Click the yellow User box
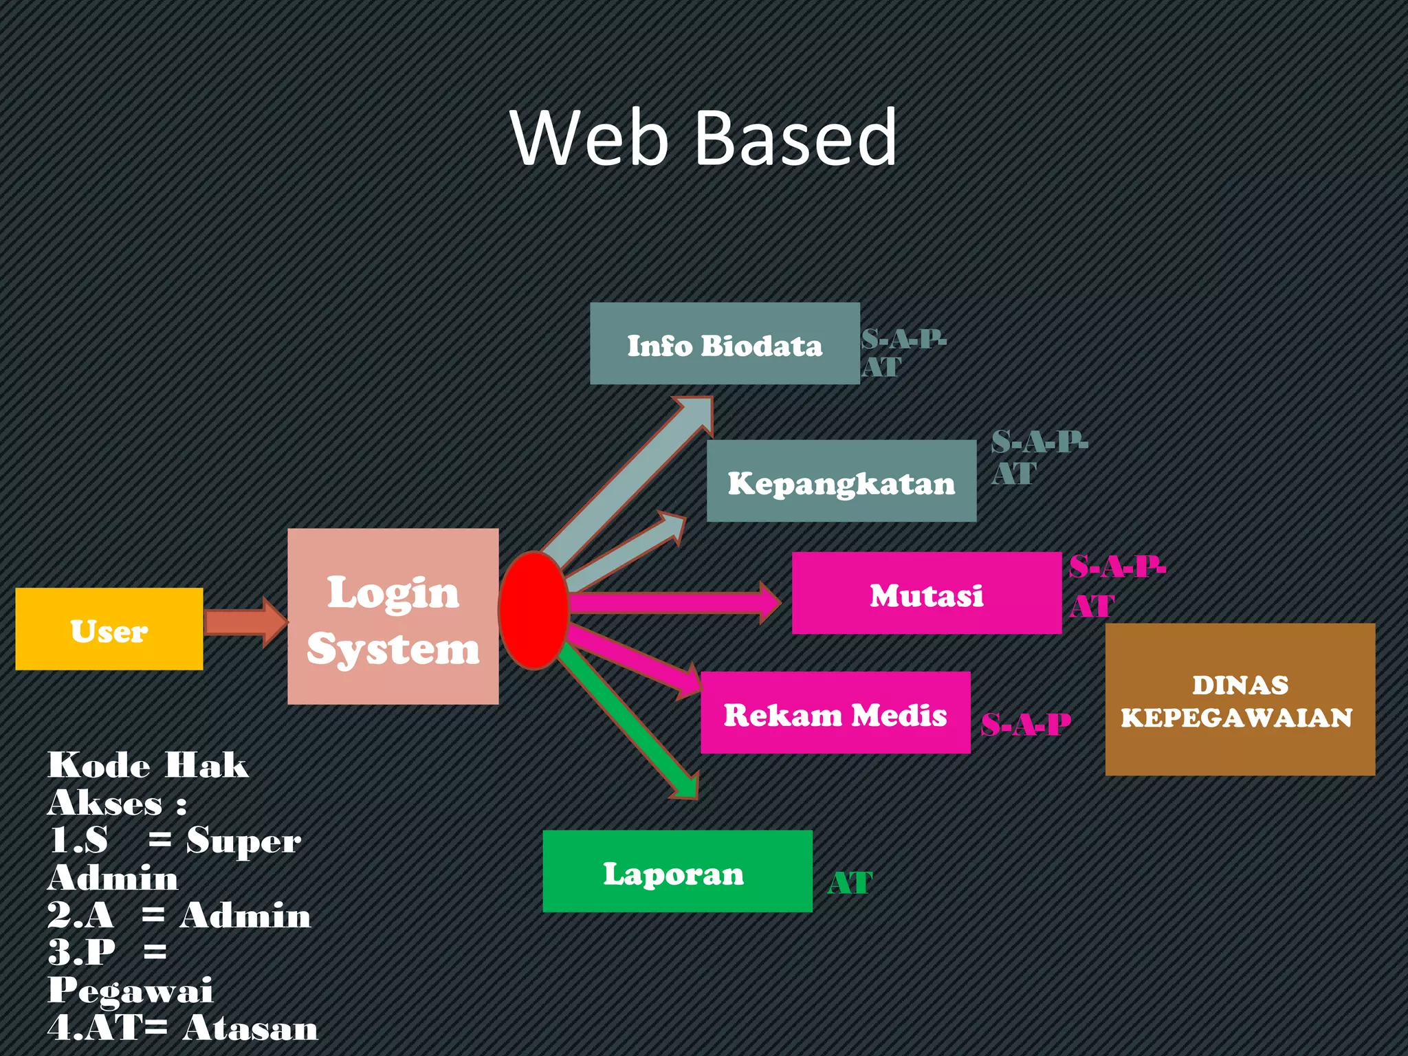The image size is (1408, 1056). (109, 628)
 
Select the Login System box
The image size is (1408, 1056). (393, 616)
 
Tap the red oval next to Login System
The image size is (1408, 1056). (533, 610)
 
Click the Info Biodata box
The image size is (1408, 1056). (725, 344)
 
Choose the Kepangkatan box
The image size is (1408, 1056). (841, 481)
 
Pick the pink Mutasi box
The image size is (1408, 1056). (926, 593)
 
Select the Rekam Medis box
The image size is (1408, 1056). (835, 713)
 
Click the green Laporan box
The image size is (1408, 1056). (677, 871)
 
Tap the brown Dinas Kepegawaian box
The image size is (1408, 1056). (1240, 699)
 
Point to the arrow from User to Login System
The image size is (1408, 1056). (244, 622)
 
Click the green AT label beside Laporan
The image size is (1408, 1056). (850, 883)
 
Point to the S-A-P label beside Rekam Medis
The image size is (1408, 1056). (1025, 725)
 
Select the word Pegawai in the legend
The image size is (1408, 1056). (130, 990)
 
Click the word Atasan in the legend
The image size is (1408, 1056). (250, 1028)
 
